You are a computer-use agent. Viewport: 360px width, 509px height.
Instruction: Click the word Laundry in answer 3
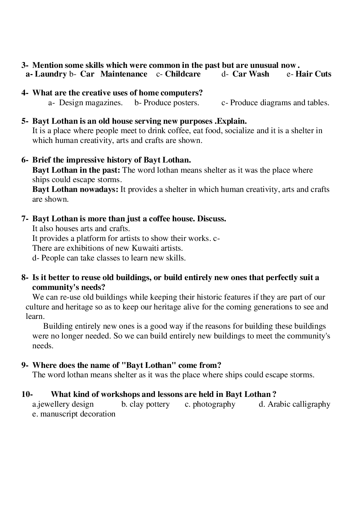click(50, 74)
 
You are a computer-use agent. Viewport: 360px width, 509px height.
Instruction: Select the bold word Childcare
click(183, 74)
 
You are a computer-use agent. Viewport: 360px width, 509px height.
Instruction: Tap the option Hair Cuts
click(313, 74)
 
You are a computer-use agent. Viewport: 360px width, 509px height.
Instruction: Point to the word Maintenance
click(124, 74)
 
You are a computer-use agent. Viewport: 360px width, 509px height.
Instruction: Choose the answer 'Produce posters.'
click(171, 103)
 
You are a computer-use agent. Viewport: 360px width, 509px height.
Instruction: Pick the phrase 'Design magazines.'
click(91, 103)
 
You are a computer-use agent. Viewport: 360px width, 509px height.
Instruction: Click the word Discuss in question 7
click(212, 219)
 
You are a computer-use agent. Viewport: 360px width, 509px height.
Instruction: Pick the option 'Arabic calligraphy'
click(299, 404)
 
